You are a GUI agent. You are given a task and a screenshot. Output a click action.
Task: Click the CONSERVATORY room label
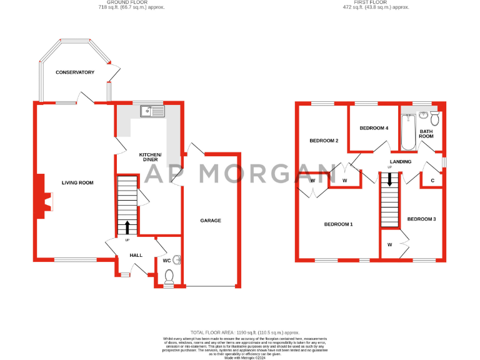(75, 72)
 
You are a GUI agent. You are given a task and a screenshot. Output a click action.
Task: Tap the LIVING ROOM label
(77, 182)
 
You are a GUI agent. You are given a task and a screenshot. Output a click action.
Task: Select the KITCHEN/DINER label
(150, 157)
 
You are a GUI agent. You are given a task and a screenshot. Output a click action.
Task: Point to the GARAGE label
(210, 220)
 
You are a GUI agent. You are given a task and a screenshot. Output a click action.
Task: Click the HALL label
(136, 255)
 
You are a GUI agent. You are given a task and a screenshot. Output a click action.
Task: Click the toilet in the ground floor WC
(169, 276)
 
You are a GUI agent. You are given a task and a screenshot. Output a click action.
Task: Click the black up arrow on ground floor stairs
(127, 226)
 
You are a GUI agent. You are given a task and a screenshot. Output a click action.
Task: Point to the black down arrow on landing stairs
(390, 181)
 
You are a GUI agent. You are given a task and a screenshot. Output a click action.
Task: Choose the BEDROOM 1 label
(338, 224)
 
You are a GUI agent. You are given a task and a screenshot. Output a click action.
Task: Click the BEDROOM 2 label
(324, 141)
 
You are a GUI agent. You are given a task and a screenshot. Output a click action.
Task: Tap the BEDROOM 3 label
(421, 219)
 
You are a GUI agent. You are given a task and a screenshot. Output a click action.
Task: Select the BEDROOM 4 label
(374, 127)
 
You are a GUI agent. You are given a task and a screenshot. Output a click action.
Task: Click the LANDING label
(401, 161)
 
